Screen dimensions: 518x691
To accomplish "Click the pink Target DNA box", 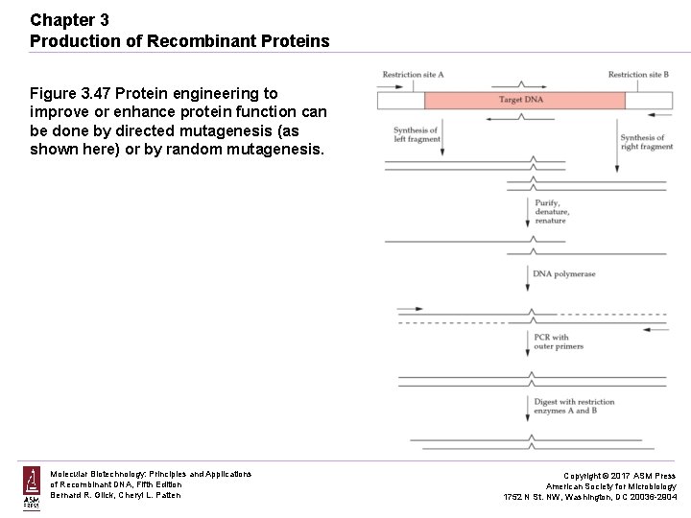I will click(524, 101).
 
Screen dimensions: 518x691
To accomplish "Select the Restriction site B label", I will click(638, 75).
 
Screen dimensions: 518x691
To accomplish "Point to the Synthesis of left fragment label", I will click(417, 134).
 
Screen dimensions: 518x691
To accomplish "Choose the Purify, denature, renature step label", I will click(552, 212).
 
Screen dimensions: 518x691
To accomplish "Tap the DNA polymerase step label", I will click(564, 274).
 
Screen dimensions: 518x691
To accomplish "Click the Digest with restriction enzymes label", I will click(574, 407).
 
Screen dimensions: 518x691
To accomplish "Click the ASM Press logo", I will click(31, 488).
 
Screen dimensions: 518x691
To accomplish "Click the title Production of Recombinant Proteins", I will click(179, 41).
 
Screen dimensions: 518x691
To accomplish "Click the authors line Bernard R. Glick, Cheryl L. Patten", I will click(115, 495).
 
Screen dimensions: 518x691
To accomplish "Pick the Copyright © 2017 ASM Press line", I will click(619, 476).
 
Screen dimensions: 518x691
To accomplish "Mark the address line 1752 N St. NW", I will click(590, 497).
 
